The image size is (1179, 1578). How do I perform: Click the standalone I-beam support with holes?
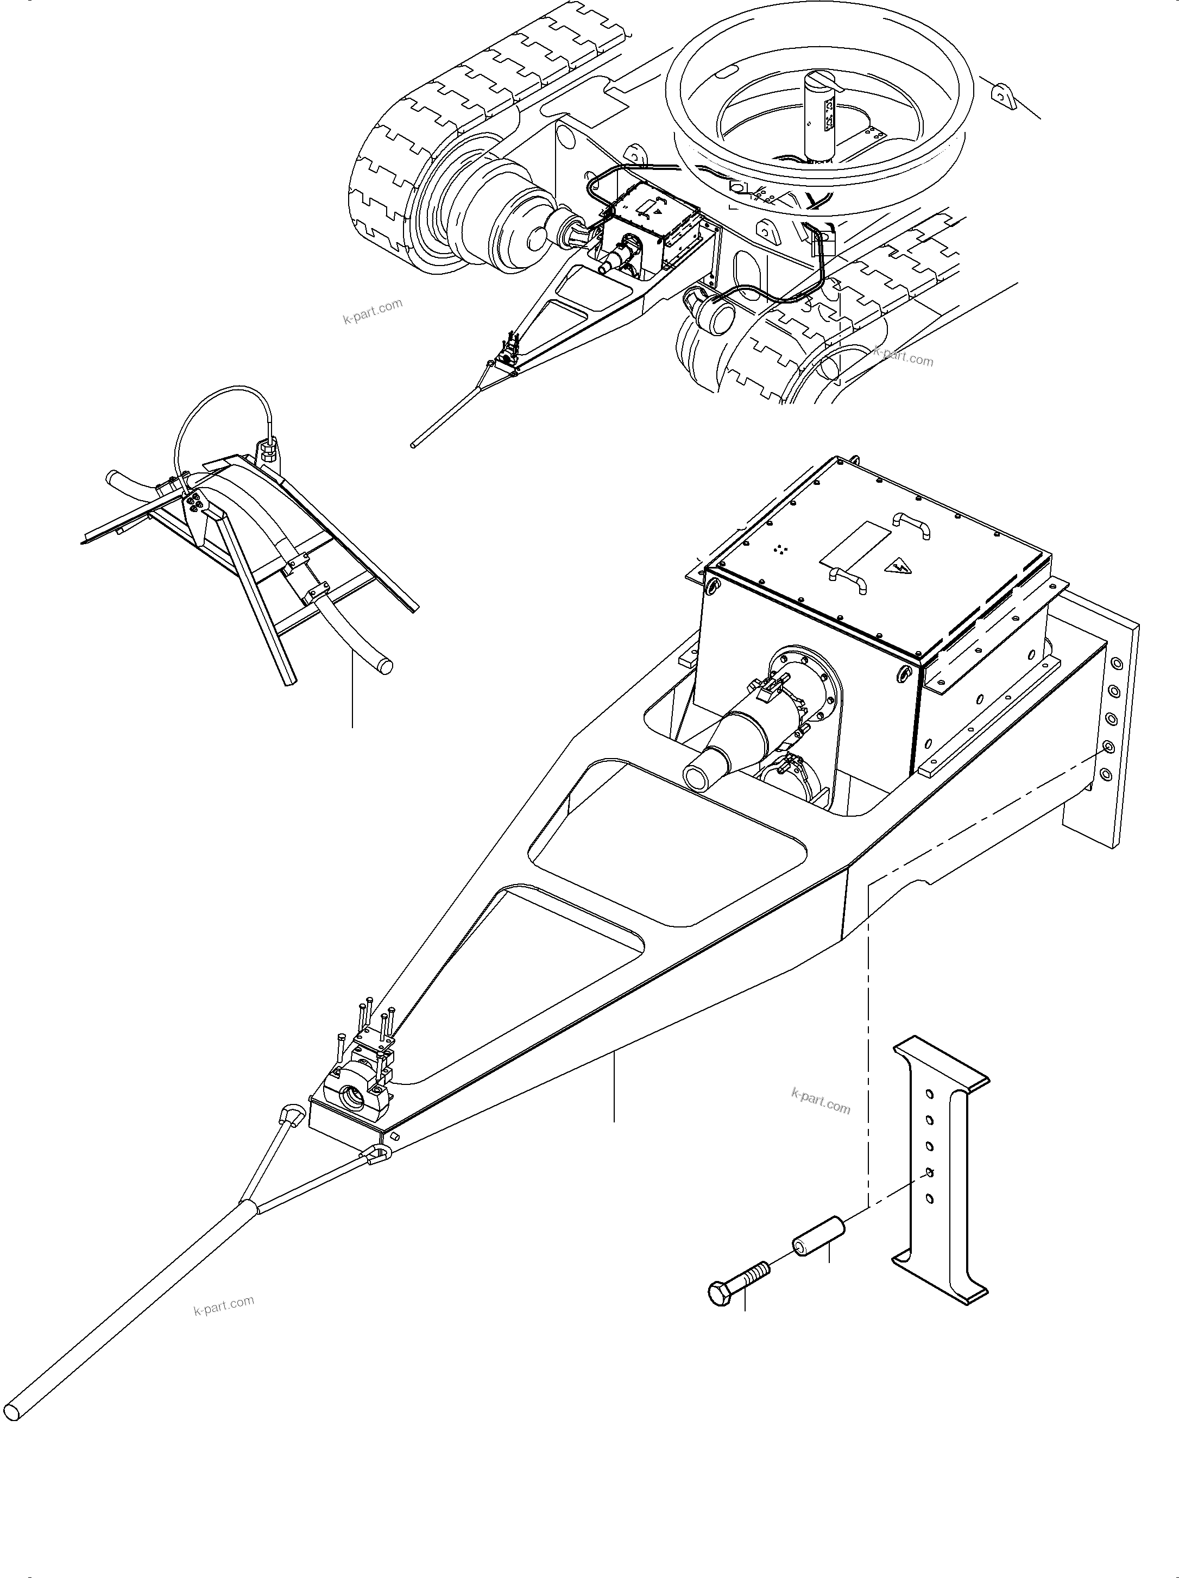coord(940,1170)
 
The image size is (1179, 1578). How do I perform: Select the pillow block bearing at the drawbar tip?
coord(353,1096)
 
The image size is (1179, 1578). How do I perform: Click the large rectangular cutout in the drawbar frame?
coord(667,845)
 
